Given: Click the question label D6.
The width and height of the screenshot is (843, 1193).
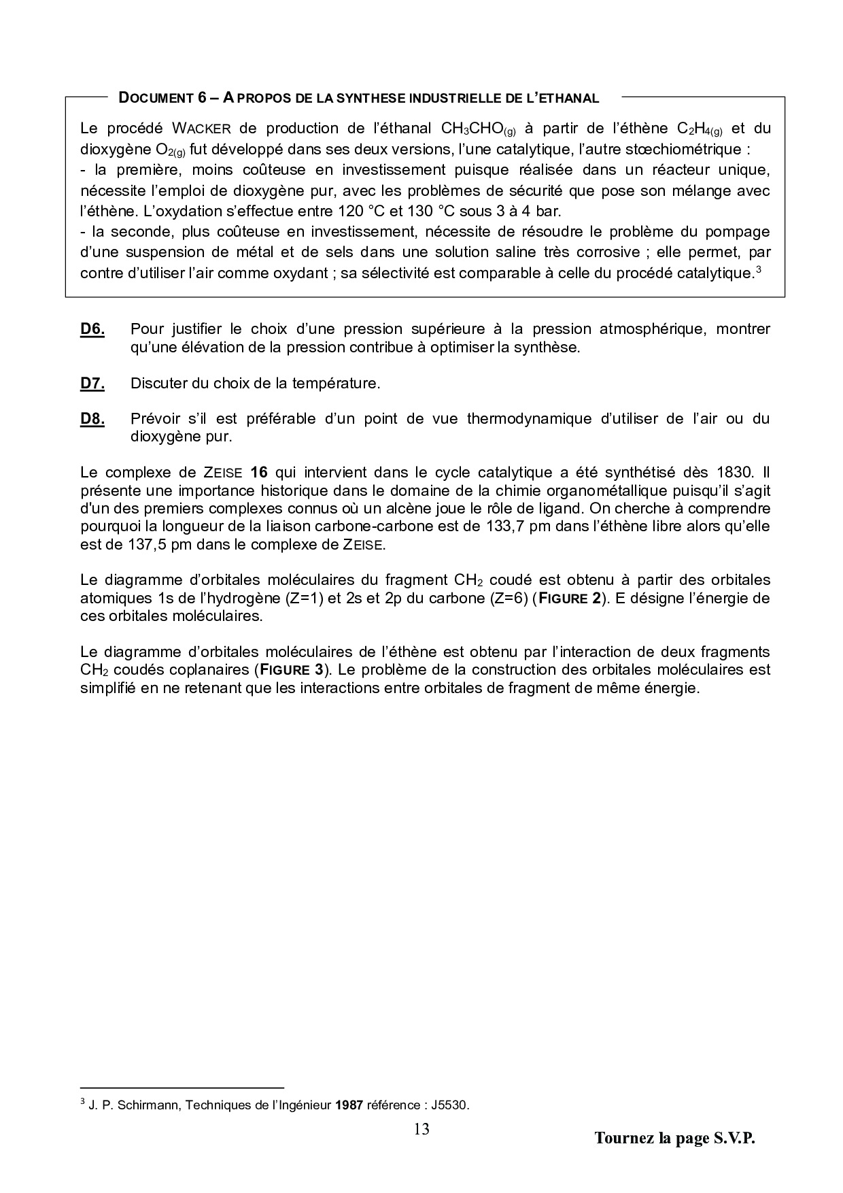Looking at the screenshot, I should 92,330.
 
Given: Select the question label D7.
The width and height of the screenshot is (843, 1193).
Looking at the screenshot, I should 92,384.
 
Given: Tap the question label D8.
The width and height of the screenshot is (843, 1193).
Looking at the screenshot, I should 92,419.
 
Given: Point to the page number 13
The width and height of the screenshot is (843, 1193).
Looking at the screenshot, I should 421,1130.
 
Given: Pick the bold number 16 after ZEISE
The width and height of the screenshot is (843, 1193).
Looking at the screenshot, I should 260,473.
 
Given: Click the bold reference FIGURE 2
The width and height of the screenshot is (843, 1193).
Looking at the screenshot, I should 570,599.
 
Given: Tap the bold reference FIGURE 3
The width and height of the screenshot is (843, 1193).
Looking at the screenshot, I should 291,669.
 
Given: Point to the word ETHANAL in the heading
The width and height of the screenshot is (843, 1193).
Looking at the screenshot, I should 567,98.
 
